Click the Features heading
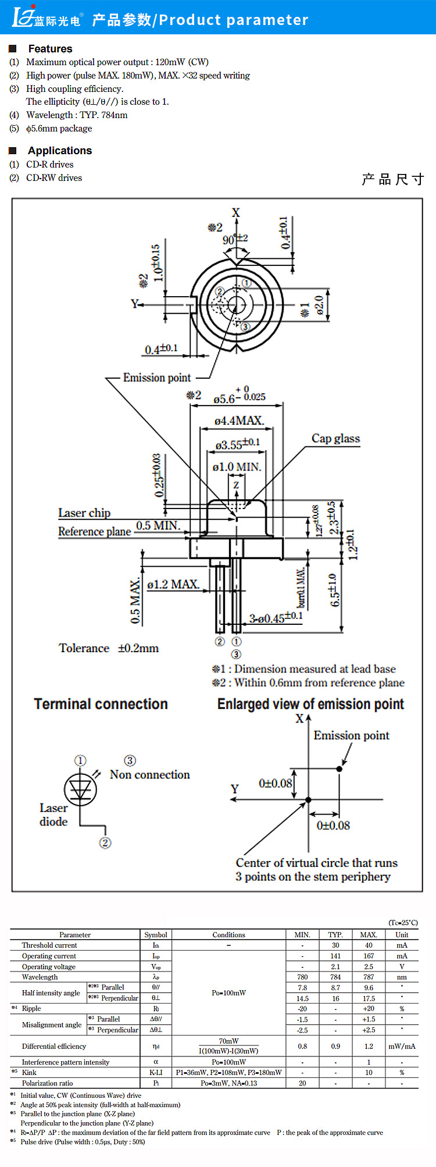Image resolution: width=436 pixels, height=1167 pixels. [50, 49]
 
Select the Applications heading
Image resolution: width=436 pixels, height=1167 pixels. [60, 151]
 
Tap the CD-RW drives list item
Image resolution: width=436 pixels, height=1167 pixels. [54, 178]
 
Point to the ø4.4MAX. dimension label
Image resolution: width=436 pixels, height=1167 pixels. [238, 421]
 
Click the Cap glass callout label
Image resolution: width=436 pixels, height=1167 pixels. [335, 439]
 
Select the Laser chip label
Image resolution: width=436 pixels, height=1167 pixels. [84, 513]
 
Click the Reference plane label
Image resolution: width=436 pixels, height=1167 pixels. [94, 531]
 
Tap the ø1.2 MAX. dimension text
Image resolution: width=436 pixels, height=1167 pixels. [173, 584]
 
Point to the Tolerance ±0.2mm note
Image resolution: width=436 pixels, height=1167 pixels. [109, 648]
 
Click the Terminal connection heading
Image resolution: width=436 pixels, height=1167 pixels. [101, 704]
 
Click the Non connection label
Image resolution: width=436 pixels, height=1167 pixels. [149, 774]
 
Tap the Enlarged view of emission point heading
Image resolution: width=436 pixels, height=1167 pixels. [310, 704]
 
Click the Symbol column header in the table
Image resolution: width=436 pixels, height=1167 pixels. [156, 934]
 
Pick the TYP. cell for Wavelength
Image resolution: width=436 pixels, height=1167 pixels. [335, 977]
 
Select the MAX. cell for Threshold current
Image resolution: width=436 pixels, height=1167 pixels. [369, 945]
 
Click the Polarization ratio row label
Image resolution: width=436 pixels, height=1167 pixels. [48, 1083]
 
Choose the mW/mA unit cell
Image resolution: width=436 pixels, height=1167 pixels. [402, 1046]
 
